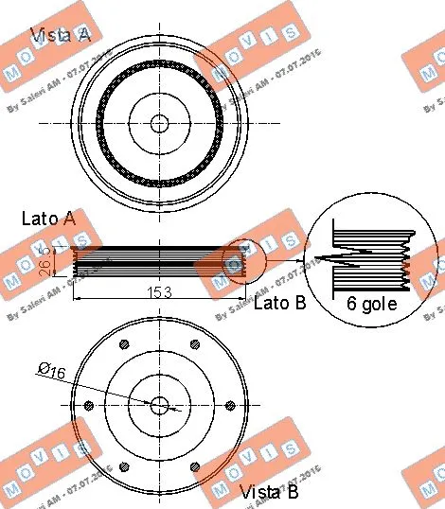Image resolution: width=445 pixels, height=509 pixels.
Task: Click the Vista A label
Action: point(62,36)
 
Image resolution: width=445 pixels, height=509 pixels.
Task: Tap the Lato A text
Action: point(48,219)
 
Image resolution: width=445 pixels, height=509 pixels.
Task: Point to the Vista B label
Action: point(269,492)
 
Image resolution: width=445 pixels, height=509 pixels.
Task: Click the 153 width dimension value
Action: point(159,292)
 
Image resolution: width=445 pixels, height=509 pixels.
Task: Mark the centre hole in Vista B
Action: point(159,405)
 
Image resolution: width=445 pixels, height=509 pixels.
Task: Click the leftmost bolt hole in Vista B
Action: point(89,405)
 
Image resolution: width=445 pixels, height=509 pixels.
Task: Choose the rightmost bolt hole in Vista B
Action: point(229,405)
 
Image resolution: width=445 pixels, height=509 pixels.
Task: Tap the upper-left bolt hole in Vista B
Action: point(124,344)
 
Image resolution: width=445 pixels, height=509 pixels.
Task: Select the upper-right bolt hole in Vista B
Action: point(194,344)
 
